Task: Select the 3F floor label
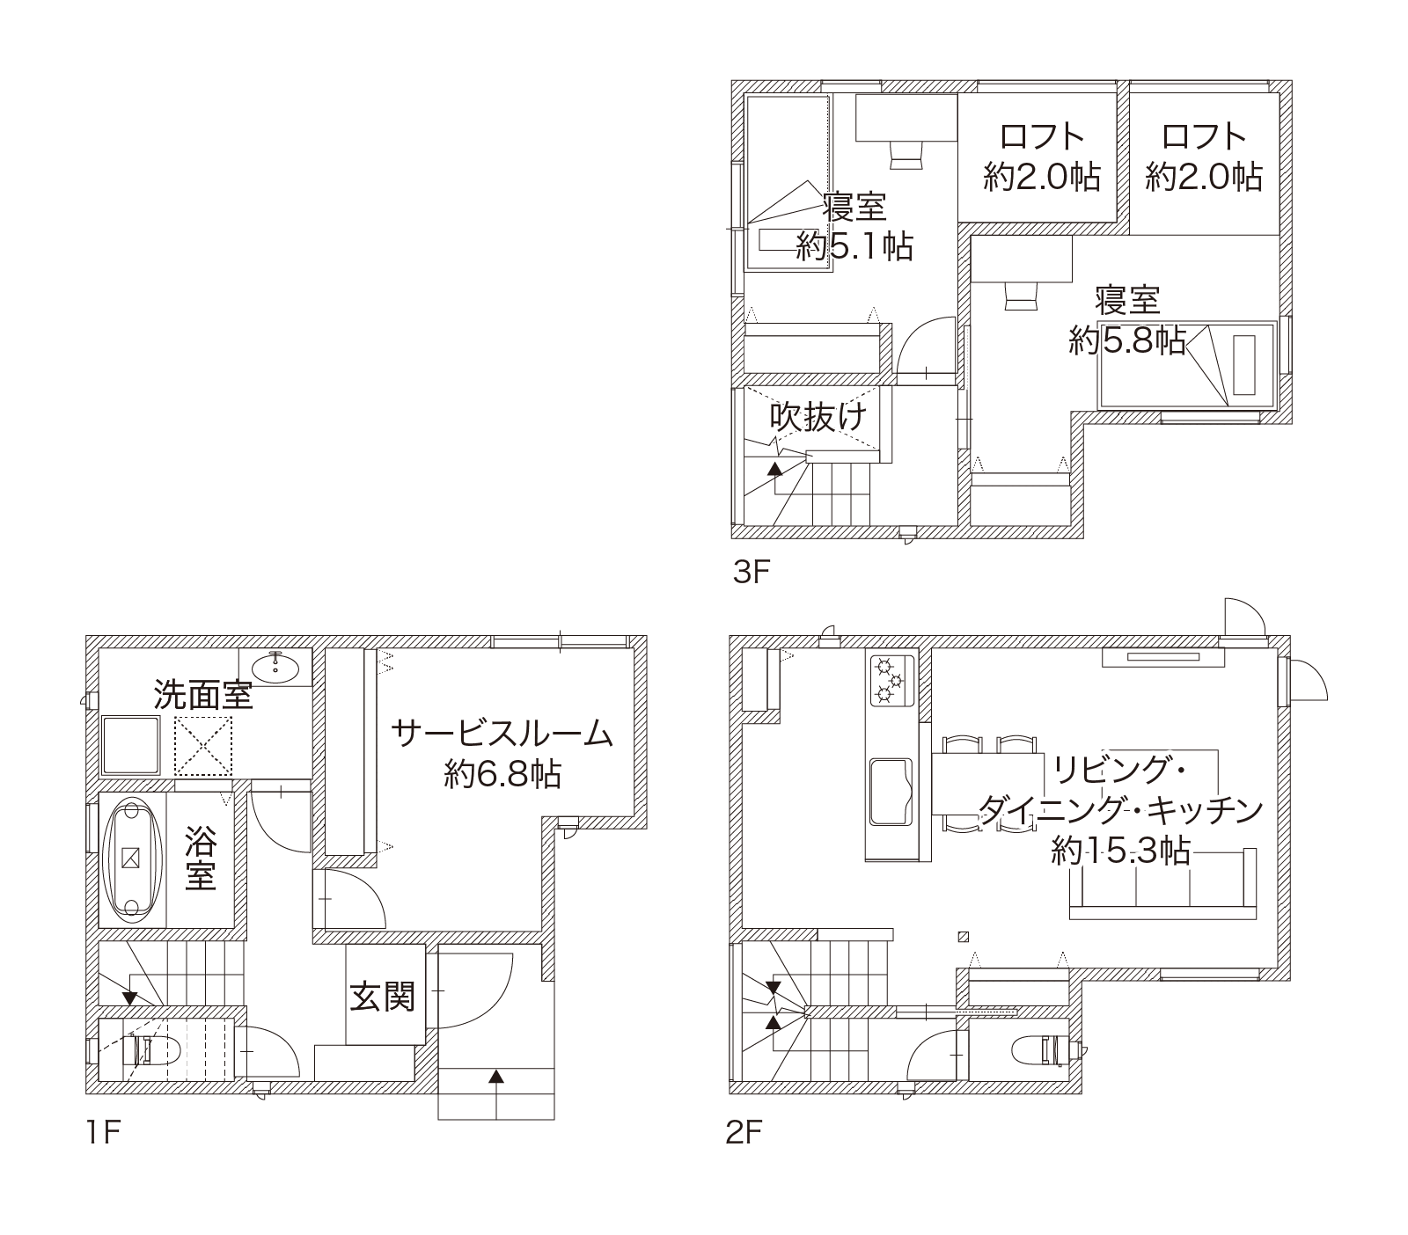pyautogui.click(x=752, y=573)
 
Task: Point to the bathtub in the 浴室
pyautogui.click(x=134, y=859)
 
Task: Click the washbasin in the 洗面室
pyautogui.click(x=278, y=667)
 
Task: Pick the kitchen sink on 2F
pyautogui.click(x=893, y=790)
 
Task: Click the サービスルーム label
pyautogui.click(x=502, y=732)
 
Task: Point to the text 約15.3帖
pyautogui.click(x=1121, y=851)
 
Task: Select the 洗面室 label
pyautogui.click(x=204, y=695)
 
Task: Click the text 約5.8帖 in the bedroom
pyautogui.click(x=1127, y=340)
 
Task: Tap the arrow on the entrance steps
pyautogui.click(x=496, y=1076)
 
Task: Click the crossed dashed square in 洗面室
pyautogui.click(x=203, y=746)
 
